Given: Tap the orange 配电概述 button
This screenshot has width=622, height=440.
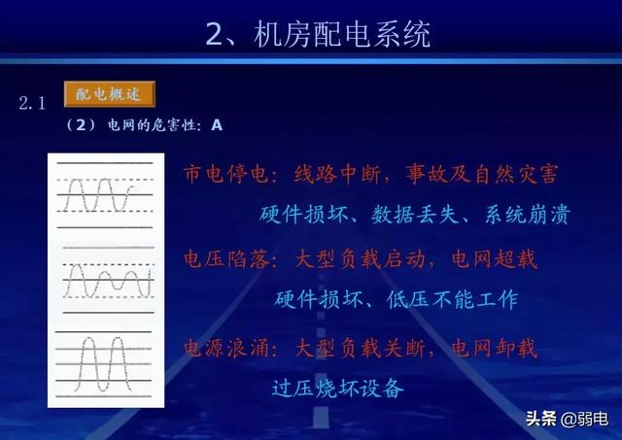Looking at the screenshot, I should click(x=109, y=94).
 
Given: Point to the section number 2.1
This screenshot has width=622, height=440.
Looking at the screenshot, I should click(x=32, y=102).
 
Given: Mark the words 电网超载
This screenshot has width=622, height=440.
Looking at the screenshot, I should click(x=496, y=259).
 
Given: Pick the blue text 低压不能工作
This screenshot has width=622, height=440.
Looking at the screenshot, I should click(x=459, y=299).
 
